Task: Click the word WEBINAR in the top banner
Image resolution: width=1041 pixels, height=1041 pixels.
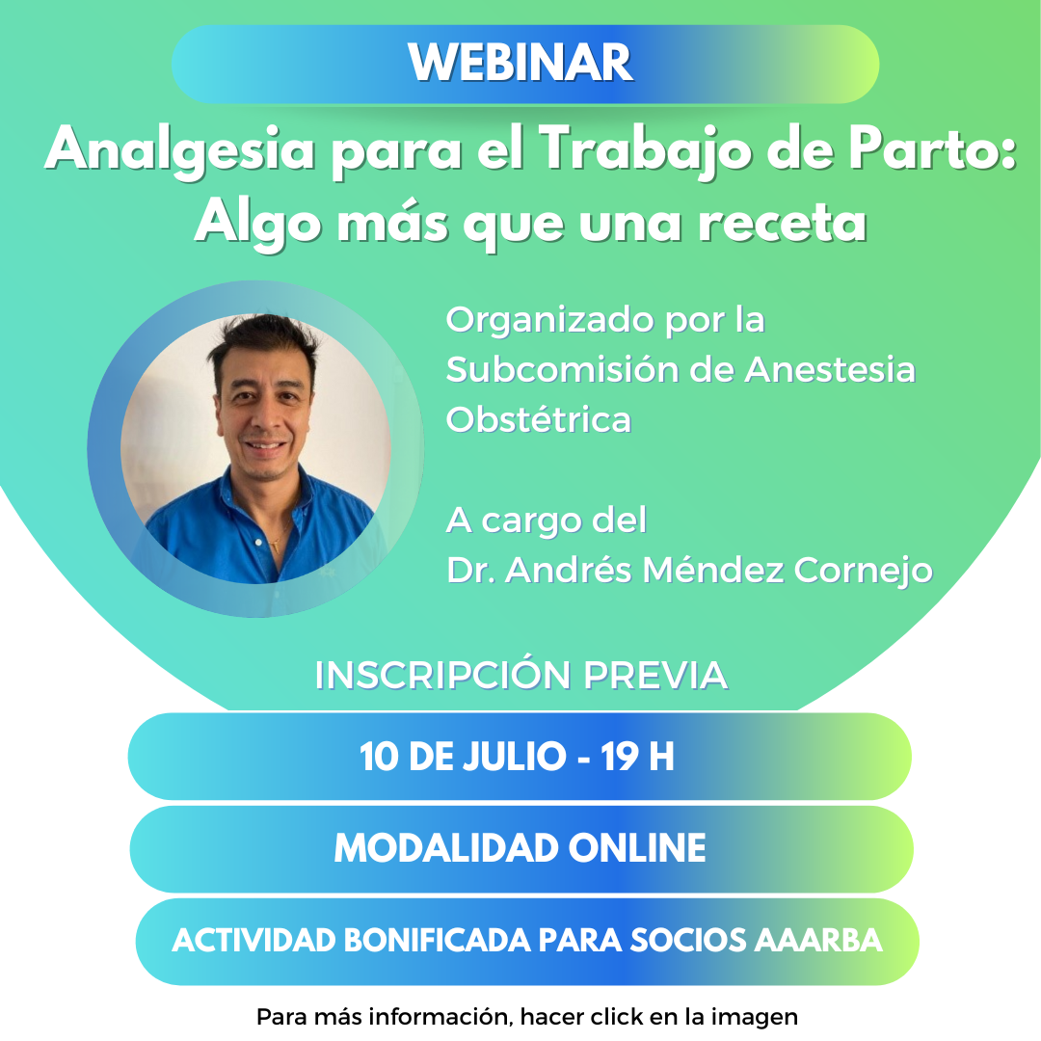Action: [520, 63]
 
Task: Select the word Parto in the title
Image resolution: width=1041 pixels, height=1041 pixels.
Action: [933, 148]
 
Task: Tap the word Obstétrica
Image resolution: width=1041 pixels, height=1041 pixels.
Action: [539, 419]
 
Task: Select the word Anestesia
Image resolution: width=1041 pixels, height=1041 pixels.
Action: [830, 370]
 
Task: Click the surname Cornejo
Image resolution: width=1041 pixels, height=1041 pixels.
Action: [863, 571]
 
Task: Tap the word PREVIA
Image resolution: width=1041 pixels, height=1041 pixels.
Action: [655, 675]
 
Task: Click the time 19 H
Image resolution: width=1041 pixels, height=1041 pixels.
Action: [637, 757]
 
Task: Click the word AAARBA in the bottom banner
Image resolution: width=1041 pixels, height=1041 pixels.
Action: [818, 940]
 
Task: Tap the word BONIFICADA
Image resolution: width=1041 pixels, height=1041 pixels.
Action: [437, 940]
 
